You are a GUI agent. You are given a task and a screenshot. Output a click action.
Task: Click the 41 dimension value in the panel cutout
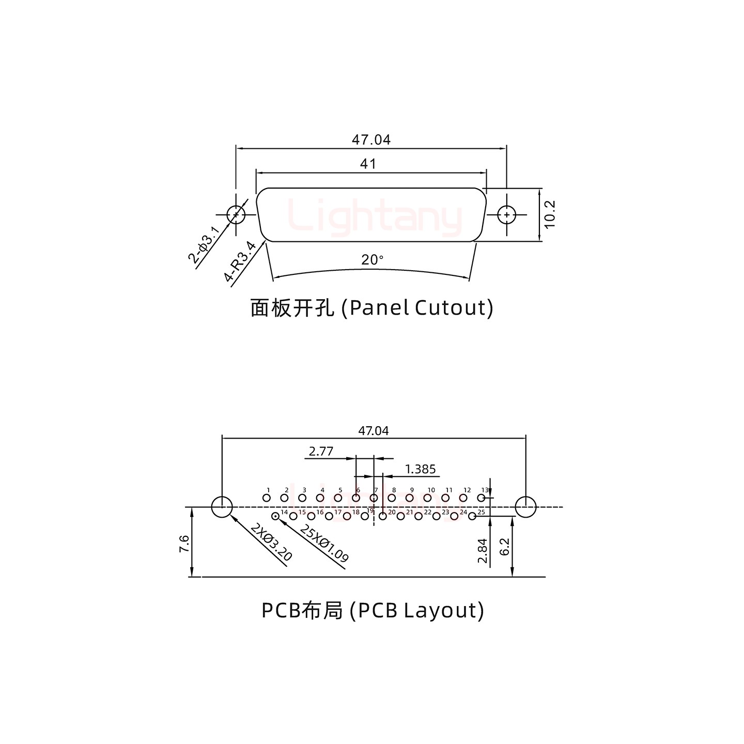[x=367, y=164]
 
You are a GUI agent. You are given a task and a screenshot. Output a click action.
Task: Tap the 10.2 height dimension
[x=549, y=214]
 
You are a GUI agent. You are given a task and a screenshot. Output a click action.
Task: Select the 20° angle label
[x=372, y=260]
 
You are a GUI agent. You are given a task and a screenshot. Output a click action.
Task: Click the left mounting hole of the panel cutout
[x=236, y=214]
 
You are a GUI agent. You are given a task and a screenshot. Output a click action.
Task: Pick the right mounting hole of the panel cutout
[x=506, y=214]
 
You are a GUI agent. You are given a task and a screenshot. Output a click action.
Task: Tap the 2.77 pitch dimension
[x=321, y=452]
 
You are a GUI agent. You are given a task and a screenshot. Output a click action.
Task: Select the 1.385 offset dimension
[x=421, y=469]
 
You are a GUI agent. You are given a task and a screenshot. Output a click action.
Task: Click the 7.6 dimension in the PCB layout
[x=184, y=544]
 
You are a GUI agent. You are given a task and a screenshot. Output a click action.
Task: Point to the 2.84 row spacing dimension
[x=483, y=551]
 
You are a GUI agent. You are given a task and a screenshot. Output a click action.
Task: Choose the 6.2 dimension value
[x=505, y=547]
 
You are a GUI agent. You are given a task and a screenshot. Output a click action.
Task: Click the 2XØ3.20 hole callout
[x=271, y=542]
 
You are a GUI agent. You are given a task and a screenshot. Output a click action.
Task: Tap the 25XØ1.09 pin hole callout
[x=324, y=543]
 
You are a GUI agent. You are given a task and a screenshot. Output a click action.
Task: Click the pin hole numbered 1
[x=267, y=498]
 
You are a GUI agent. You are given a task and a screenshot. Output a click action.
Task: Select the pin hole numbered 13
[x=481, y=498]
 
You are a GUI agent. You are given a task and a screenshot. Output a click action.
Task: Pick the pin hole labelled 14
[x=275, y=516]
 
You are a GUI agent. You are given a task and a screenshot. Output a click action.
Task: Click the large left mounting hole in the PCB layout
[x=222, y=507]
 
